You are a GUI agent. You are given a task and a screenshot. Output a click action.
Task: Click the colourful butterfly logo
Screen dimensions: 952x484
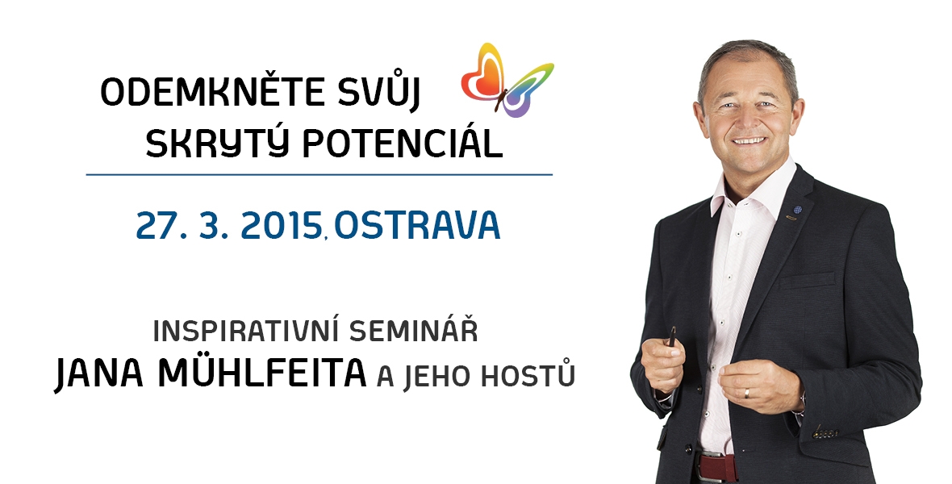click(507, 80)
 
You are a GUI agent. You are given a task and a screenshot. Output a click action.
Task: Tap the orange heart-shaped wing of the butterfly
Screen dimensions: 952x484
click(483, 76)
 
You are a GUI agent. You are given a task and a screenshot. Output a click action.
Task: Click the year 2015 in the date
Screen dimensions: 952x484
click(281, 226)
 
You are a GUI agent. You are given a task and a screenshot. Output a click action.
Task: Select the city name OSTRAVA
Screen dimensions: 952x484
click(416, 225)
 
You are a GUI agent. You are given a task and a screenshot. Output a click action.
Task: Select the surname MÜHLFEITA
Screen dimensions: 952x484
click(261, 373)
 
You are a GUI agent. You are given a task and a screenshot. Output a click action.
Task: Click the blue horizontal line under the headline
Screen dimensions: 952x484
click(319, 175)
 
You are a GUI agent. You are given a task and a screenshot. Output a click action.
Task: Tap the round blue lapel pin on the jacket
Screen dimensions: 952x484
click(797, 210)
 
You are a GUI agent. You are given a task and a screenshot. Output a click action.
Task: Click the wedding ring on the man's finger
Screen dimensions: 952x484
click(747, 393)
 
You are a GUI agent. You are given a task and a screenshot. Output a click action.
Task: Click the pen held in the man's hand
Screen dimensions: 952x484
click(672, 336)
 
